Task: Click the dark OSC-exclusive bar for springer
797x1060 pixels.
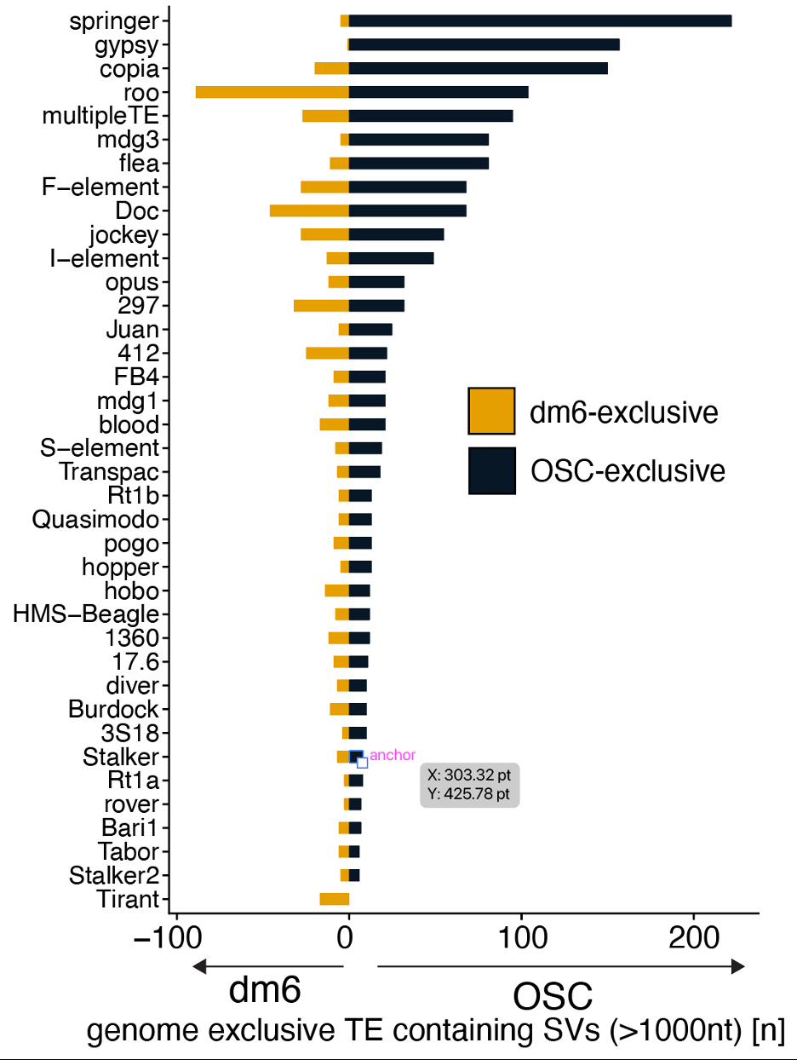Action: point(540,21)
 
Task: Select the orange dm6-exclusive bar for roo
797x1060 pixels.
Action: point(272,92)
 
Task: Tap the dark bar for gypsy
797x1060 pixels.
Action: point(484,45)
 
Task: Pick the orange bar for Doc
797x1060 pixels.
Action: point(309,210)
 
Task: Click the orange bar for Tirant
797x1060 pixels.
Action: point(334,899)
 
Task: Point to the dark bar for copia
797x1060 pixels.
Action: point(478,68)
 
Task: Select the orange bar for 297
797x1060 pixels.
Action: point(321,305)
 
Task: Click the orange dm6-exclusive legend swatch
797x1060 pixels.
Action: point(491,411)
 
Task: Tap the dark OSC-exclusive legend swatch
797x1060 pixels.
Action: point(491,470)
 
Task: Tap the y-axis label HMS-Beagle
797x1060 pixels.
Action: point(86,614)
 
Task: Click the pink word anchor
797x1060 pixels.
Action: point(393,755)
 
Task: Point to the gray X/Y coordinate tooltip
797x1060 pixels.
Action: point(470,785)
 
